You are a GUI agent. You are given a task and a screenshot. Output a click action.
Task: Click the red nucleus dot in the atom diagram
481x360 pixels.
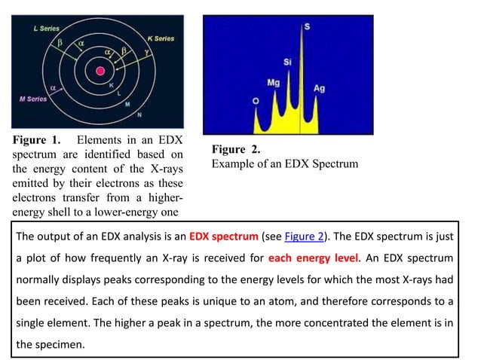pyautogui.click(x=100, y=72)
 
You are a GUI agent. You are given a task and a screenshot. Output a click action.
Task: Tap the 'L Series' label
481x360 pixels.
pyautogui.click(x=47, y=28)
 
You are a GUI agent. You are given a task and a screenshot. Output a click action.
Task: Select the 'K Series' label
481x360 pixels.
pyautogui.click(x=160, y=38)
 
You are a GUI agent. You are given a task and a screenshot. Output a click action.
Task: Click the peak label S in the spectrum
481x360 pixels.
pyautogui.click(x=306, y=27)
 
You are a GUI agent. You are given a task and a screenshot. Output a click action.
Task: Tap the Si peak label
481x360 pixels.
pyautogui.click(x=288, y=62)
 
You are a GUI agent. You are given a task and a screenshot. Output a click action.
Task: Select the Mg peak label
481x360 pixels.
pyautogui.click(x=274, y=82)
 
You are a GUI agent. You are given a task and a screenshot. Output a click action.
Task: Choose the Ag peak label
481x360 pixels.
pyautogui.click(x=319, y=88)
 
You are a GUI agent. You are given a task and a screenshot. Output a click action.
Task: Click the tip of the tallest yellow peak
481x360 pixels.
pyautogui.click(x=302, y=38)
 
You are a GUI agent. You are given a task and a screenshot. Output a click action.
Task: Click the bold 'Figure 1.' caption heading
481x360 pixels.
pyautogui.click(x=35, y=140)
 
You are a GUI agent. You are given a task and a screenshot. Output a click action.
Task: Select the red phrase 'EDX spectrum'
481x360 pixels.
pyautogui.click(x=224, y=236)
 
